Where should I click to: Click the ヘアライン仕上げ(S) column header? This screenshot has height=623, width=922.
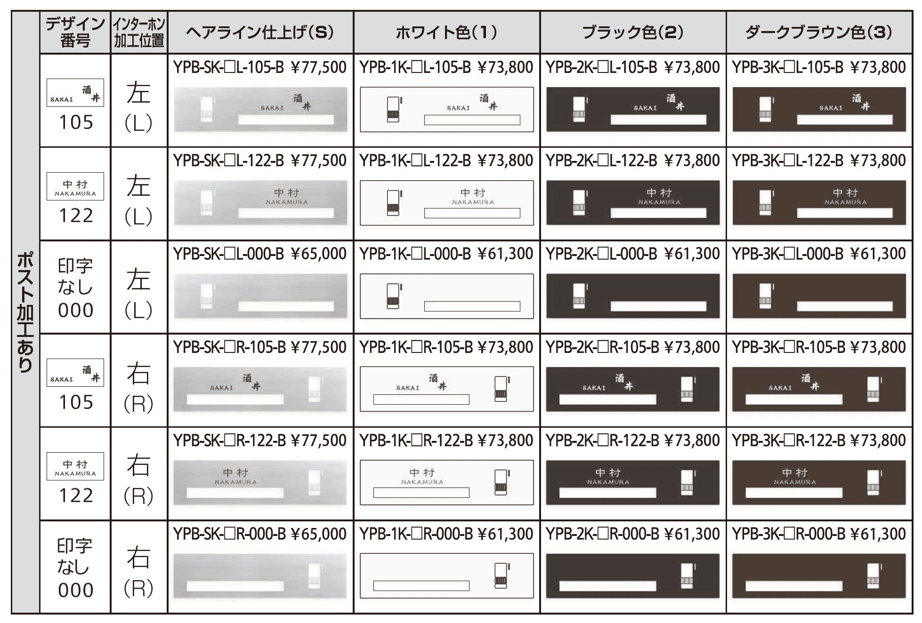[x=260, y=32]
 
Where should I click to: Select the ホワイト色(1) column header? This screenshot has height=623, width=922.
[x=446, y=32]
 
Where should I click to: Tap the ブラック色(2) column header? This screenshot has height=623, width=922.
[x=632, y=32]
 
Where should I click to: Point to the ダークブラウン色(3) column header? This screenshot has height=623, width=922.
[x=818, y=32]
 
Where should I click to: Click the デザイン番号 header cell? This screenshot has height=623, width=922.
[x=75, y=32]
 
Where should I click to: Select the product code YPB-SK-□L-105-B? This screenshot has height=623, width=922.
[x=228, y=67]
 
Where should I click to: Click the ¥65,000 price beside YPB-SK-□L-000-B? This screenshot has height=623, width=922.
[x=319, y=254]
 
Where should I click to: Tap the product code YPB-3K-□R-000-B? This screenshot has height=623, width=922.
[x=788, y=534]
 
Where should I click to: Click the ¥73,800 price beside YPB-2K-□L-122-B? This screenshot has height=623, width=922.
[x=692, y=160]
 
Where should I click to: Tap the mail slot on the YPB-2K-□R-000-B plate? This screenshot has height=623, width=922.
[x=607, y=586]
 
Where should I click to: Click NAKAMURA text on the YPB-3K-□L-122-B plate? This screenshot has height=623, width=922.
[x=845, y=202]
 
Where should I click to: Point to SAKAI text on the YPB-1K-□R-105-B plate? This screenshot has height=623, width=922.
[x=407, y=388]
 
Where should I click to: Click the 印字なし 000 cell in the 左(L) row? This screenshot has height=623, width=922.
[x=75, y=288]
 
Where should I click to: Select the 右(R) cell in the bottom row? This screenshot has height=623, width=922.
[x=139, y=567]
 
